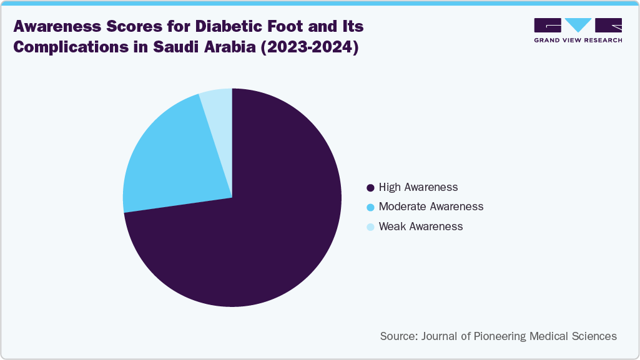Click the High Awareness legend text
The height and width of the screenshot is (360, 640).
(418, 187)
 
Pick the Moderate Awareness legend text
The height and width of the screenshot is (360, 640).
(431, 207)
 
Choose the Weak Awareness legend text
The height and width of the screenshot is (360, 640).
(421, 226)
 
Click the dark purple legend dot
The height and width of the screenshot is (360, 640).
(370, 187)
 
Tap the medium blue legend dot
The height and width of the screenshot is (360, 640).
(370, 207)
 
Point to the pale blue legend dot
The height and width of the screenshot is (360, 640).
(370, 226)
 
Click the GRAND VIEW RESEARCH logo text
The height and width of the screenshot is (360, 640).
(578, 40)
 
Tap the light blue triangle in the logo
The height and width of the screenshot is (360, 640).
(578, 25)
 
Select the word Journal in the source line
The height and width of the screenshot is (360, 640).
(441, 336)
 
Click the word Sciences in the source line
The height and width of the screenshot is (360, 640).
(594, 336)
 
